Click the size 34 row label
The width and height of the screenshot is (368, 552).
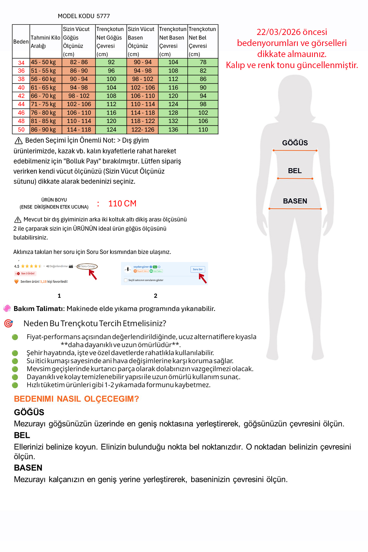(21, 63)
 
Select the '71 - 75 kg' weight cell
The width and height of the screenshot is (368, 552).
(43, 104)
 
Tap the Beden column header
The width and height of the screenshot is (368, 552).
(21, 42)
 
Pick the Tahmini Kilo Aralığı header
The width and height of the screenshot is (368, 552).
(45, 42)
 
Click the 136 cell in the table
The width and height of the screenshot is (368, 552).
(173, 130)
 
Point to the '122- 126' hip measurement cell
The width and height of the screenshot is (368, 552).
(143, 130)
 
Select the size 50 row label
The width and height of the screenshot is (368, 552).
(21, 130)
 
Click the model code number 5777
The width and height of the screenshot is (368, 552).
(103, 16)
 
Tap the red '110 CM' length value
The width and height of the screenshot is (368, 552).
(122, 204)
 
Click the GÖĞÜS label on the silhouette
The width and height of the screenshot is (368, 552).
(295, 143)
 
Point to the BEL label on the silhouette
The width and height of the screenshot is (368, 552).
(295, 171)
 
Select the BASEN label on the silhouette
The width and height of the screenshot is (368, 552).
(295, 201)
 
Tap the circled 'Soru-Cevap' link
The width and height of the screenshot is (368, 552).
(87, 266)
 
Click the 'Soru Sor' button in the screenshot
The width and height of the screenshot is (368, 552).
(198, 270)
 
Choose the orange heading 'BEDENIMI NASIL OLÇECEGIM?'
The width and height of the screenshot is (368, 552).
(76, 399)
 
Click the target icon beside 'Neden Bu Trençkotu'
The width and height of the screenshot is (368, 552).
(8, 324)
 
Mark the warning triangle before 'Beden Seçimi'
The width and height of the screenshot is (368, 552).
(18, 141)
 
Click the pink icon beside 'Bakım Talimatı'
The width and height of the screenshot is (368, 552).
(7, 309)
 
